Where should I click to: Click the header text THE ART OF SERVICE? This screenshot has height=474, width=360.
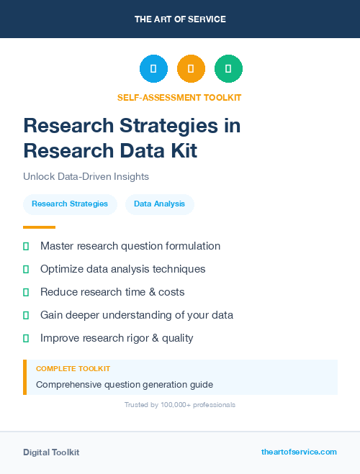180,19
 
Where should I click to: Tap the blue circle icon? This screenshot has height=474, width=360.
153,68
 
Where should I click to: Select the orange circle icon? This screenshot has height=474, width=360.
191,68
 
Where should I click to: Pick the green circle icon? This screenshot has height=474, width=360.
228,68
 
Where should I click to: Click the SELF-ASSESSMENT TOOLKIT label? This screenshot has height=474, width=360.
179,97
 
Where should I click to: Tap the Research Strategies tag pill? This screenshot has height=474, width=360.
70,204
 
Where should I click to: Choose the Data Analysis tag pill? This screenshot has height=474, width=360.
159,204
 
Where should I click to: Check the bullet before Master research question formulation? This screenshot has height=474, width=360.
26,246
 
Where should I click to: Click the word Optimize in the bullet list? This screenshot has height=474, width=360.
63,269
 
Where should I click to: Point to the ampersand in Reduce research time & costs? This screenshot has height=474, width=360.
149,292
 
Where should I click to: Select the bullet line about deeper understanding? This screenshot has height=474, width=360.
136,315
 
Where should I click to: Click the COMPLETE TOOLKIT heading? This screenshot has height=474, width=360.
73,368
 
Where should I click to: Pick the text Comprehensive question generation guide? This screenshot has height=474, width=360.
125,384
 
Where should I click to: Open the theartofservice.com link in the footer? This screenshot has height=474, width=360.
299,452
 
